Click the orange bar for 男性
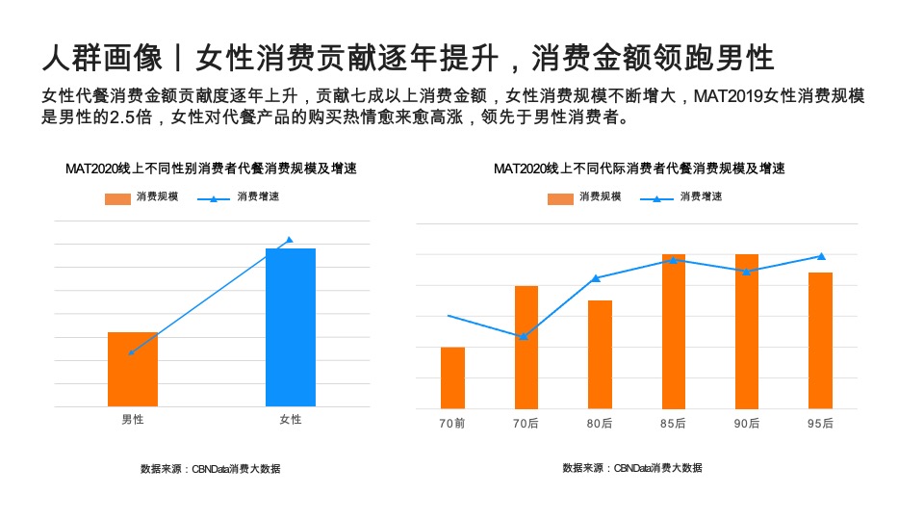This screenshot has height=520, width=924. coord(132,369)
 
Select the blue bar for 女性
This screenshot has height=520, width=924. coord(290,327)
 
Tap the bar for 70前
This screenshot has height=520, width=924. coord(452,377)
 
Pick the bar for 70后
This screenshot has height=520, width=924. coord(526,347)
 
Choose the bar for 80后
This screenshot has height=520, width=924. coord(600,354)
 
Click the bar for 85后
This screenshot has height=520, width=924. coord(673,331)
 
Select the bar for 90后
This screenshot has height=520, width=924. coord(747,331)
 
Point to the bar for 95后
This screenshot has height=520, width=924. coord(820,340)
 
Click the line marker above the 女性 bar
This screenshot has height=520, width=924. coord(290,240)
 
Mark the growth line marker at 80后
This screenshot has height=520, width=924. coord(597,278)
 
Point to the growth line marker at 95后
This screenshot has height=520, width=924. coord(821,256)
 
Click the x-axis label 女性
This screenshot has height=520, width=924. coord(290,420)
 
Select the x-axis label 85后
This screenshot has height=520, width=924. coord(673,424)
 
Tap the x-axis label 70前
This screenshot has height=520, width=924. coord(452,424)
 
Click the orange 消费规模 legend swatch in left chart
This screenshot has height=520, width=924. coord(116,198)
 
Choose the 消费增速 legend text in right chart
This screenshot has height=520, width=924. coord(701,196)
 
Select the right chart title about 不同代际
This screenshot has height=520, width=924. coord(639,169)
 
